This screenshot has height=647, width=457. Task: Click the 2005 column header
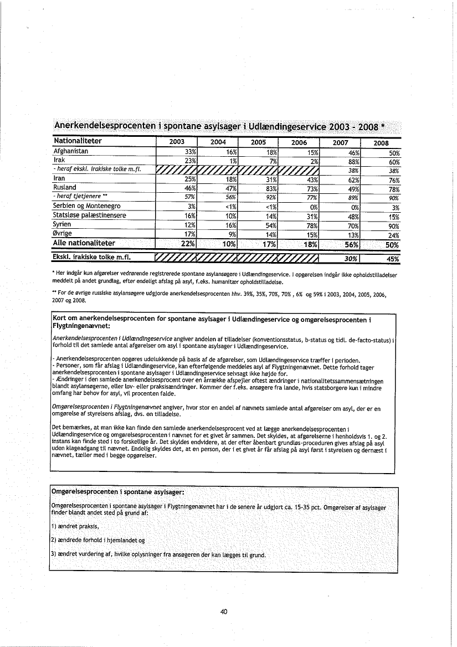click(x=259, y=142)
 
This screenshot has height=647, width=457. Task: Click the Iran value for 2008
click(x=394, y=179)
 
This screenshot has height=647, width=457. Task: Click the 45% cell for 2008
click(x=393, y=258)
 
